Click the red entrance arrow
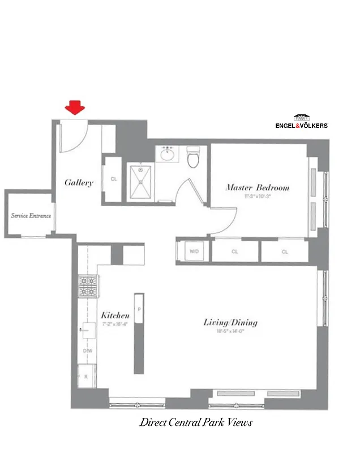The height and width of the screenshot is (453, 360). (74, 108)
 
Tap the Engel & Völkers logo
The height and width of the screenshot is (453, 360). (301, 123)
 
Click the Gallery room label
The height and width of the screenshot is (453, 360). (79, 182)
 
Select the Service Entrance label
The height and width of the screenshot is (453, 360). (31, 216)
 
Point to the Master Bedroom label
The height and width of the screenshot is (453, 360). (258, 187)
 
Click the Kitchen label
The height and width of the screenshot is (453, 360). (115, 315)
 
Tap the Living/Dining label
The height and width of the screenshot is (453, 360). (230, 323)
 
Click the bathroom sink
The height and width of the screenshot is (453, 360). (168, 153)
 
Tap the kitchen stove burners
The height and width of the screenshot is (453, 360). (88, 286)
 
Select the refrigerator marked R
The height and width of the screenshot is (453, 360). (87, 376)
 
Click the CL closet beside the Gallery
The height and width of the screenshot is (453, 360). (114, 180)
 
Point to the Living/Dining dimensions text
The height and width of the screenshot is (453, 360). (230, 332)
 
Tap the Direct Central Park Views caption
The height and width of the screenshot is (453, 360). (196, 422)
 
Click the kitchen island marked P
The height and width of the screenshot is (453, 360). (139, 333)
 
